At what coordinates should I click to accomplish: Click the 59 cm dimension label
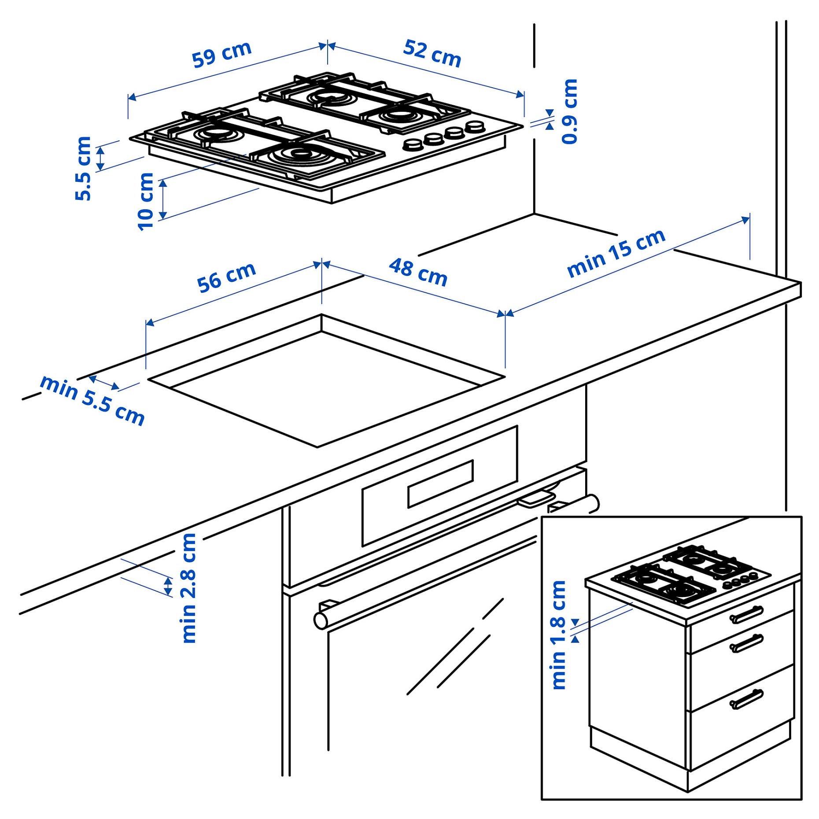tap(221, 54)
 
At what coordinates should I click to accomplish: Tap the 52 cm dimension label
tap(432, 53)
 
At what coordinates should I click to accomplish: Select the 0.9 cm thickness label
tap(569, 111)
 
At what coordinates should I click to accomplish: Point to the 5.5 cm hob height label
tap(83, 169)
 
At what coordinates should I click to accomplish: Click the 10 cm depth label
tap(145, 201)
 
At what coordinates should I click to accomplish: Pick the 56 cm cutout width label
tap(226, 277)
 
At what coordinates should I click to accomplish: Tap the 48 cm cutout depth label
tap(418, 273)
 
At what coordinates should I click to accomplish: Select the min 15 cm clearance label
tap(616, 253)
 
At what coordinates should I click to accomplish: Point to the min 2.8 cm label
tap(189, 588)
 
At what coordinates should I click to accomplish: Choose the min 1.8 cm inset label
tap(558, 635)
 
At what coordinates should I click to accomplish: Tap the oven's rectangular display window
tap(440, 484)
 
